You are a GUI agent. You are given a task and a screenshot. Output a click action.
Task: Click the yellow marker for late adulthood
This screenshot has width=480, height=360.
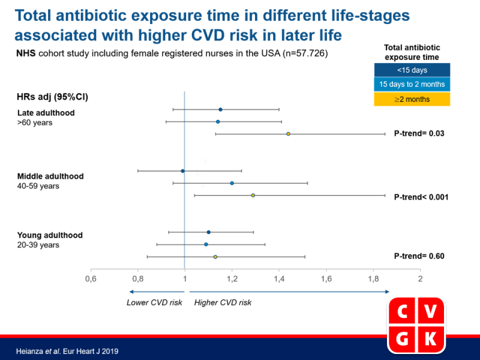point(289,134)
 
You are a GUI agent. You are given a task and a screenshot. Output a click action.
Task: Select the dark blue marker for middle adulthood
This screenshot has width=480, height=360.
point(182,171)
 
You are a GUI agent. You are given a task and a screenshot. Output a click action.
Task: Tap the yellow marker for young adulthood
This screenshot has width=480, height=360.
point(215,257)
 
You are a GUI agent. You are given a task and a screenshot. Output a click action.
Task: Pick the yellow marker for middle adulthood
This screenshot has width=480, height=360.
point(253,196)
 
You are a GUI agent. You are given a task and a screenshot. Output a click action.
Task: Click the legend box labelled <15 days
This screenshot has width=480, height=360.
point(412,70)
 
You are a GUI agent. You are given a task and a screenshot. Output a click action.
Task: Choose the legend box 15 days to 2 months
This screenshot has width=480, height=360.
point(412,85)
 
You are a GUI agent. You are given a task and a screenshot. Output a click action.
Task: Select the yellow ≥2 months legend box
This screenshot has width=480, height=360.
point(412,99)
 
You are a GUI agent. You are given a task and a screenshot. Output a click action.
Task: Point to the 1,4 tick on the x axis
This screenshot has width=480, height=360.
point(279,279)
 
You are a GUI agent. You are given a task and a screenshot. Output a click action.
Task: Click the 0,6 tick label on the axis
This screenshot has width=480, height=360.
point(91,279)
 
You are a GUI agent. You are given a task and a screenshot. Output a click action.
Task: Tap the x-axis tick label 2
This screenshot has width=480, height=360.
point(420,279)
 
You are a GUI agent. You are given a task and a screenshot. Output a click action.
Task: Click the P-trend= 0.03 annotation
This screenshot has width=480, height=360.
point(419,134)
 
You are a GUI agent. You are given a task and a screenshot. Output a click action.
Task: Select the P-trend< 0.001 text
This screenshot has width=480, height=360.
point(421,197)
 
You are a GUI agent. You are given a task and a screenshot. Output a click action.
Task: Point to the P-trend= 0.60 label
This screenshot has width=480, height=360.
point(419,256)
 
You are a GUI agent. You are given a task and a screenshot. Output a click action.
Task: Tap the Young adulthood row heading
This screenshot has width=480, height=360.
point(50,235)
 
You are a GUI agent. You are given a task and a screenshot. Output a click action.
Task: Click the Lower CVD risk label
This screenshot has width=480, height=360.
point(154,302)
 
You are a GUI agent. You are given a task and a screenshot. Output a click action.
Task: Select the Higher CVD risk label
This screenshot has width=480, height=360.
point(223,302)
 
